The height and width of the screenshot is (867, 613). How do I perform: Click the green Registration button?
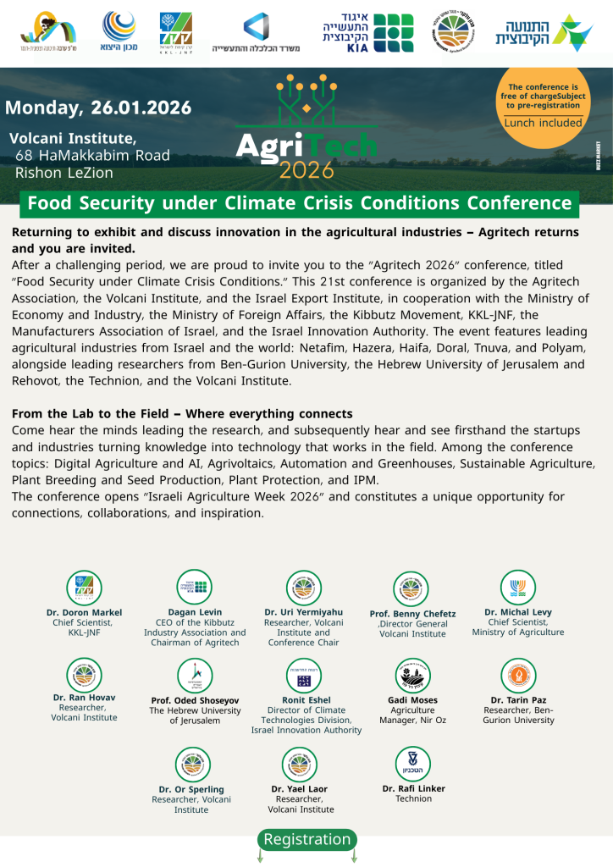tap(306, 839)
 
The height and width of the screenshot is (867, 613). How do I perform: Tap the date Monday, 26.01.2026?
tap(98, 108)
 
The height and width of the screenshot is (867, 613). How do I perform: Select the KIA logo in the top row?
tap(367, 33)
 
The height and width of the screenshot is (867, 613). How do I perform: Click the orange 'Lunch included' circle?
tap(543, 111)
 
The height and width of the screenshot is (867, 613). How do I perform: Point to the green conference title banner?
tap(300, 203)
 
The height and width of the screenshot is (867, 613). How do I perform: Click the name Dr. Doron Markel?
tap(84, 612)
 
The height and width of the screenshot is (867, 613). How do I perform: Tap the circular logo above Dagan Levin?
tap(195, 588)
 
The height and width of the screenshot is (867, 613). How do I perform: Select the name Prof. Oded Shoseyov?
tap(195, 700)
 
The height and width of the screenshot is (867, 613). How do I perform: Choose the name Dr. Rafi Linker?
tap(413, 788)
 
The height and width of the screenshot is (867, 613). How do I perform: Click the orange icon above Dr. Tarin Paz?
tap(518, 675)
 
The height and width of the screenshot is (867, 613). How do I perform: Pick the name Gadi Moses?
tap(412, 700)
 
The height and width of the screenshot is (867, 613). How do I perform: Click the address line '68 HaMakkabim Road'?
tap(92, 156)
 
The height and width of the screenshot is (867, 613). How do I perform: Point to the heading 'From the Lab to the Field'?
tap(182, 414)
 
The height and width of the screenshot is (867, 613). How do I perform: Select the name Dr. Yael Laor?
tap(300, 788)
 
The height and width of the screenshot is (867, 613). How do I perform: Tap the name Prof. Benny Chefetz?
tap(412, 614)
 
